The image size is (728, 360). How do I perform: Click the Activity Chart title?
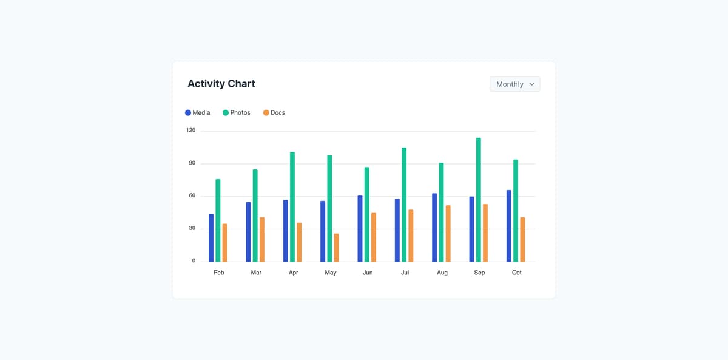point(221,84)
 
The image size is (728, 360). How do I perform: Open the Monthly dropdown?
point(514,84)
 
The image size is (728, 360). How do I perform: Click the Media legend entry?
point(198,113)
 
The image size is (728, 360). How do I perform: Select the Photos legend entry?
point(237,113)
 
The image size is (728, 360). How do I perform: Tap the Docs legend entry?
point(274,113)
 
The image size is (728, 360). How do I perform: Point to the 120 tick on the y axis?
point(191,131)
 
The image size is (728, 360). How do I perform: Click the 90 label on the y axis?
point(192,163)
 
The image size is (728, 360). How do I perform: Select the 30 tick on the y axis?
point(192,228)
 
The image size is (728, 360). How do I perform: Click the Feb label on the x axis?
point(219,273)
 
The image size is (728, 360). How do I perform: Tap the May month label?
point(331,273)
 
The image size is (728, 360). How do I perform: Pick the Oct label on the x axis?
point(516,273)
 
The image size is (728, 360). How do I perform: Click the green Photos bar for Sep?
point(479,200)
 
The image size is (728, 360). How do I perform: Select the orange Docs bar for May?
point(337,248)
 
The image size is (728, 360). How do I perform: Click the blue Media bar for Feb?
point(211,238)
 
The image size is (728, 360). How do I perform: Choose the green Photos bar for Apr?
point(292,207)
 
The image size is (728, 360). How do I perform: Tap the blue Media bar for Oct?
point(509,226)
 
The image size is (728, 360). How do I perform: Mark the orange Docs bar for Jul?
point(411,236)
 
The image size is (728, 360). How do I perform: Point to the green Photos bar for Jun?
point(367,214)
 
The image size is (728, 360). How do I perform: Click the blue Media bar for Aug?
point(434,228)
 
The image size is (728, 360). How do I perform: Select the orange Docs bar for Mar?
point(262,239)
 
